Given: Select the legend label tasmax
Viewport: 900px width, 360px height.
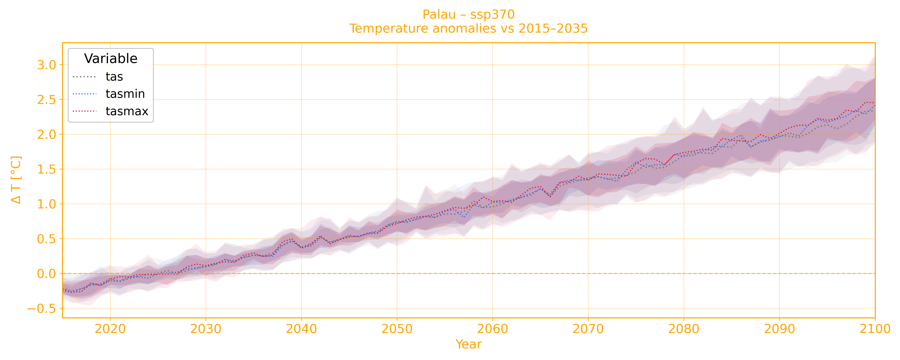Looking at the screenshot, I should (x=127, y=111).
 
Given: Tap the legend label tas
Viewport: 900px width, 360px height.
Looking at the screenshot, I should (x=114, y=77).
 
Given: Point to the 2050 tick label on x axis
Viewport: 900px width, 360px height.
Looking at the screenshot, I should (x=397, y=329).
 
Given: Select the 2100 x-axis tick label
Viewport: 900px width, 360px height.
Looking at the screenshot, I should (x=875, y=329).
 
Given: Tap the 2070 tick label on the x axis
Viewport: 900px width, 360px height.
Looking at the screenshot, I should (x=588, y=329).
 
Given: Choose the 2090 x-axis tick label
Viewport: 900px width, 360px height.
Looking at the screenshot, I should (x=779, y=329).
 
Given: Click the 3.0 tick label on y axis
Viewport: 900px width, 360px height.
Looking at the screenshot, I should (x=46, y=65).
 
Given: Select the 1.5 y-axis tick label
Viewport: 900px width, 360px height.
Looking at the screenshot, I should (x=46, y=170).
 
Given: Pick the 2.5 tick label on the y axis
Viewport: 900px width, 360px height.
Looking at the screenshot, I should (x=46, y=100).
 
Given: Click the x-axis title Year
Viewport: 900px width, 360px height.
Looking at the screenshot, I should (x=469, y=344).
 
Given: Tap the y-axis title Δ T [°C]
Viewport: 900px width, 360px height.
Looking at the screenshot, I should (x=16, y=180).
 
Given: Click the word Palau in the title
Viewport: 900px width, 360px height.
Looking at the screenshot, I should (x=439, y=15).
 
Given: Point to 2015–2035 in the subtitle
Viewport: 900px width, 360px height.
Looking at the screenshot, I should (x=553, y=29).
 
